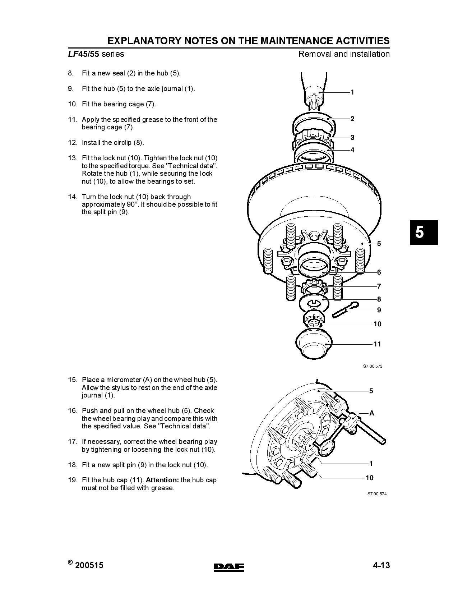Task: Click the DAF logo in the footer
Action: click(x=229, y=567)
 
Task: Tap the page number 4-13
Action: click(x=381, y=565)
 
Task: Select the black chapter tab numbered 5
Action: click(x=424, y=232)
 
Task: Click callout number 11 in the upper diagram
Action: click(x=377, y=344)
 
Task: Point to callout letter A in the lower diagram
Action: click(x=372, y=413)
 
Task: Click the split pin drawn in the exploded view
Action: click(x=345, y=310)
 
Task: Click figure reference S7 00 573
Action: click(x=373, y=366)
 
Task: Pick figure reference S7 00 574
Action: click(x=377, y=493)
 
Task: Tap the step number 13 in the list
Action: click(x=72, y=158)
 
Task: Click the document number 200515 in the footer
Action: click(x=89, y=565)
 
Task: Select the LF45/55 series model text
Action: click(x=96, y=54)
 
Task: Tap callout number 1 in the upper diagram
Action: click(x=352, y=92)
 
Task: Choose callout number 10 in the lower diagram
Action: click(x=369, y=478)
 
